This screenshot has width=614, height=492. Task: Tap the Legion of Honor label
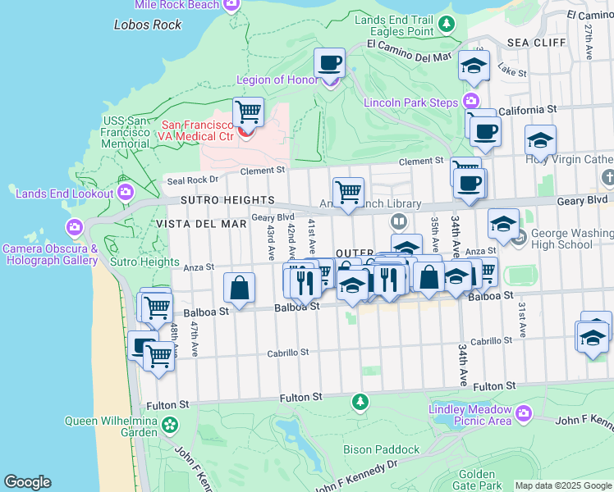point(271,80)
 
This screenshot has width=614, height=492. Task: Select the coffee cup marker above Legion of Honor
point(330,62)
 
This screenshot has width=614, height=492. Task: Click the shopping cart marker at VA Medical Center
point(247,112)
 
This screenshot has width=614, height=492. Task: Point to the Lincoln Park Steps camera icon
point(470,102)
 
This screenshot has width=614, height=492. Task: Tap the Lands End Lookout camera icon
point(125,193)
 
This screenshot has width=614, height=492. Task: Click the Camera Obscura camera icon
point(75,226)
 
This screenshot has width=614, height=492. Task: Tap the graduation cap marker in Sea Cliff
point(473,66)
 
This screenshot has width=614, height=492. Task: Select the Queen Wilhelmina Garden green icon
point(170,425)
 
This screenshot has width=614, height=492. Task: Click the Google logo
point(27,482)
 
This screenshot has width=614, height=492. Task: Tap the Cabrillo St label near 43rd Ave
point(286,353)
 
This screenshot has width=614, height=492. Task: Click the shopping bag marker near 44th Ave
point(239,288)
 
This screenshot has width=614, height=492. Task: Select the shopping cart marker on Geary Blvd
point(349,193)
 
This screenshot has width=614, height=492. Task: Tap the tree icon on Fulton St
point(360,401)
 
